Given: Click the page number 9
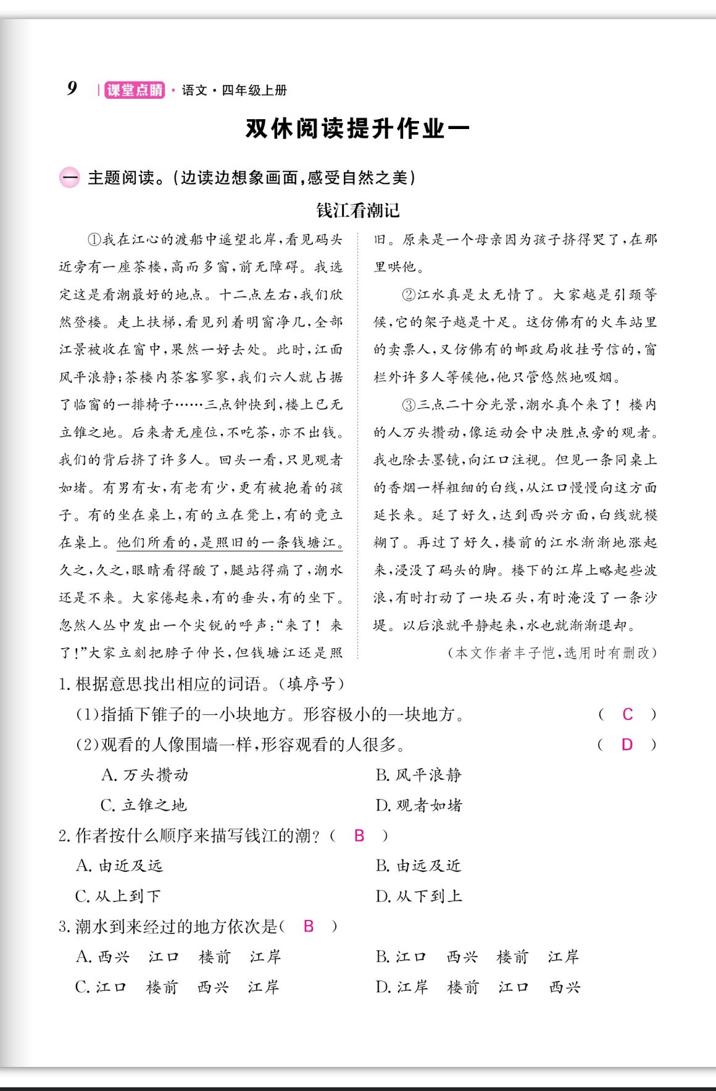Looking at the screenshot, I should point(72,88).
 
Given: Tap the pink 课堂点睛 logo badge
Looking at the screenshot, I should point(135,90).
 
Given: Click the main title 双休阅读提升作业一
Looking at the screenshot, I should point(357,128).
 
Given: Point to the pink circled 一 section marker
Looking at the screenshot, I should point(69,178).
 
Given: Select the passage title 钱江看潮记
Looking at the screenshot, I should point(358,211).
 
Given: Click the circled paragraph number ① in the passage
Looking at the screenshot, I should point(94,240).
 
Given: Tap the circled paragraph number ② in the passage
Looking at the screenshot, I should point(409,295).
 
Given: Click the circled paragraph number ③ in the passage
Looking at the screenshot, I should point(409,405).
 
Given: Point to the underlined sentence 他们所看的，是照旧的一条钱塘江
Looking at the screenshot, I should point(230,543).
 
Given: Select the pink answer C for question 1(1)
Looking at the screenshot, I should point(627,714).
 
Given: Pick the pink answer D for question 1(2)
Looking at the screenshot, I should point(627,745).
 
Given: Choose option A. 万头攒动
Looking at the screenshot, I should point(144,775).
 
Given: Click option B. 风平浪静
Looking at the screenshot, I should point(418,775).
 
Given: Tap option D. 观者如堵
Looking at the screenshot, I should point(418,805).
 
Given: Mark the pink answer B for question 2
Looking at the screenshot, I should point(359,835).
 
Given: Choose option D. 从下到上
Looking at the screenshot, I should point(418,896).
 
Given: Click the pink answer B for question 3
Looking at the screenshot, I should point(309,926).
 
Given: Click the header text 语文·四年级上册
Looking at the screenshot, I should point(235,90).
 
